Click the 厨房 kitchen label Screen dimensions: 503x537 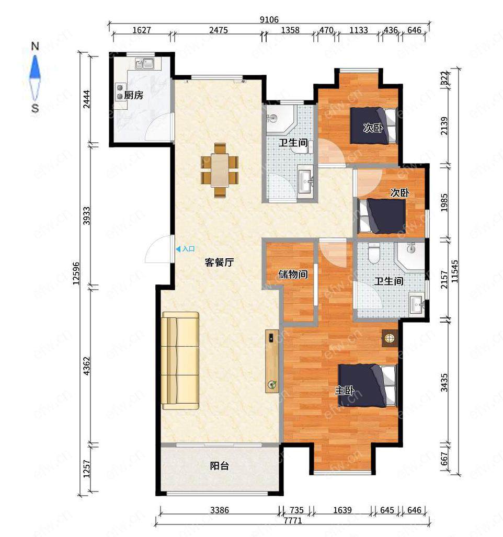(x=133, y=95)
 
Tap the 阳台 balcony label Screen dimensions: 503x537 (x=219, y=466)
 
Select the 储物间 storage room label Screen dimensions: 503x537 (x=293, y=275)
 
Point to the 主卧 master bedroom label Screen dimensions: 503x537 (x=344, y=391)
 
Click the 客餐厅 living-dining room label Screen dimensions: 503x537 (x=219, y=262)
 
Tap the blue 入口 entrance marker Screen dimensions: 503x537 (x=185, y=249)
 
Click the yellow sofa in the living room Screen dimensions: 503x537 (x=180, y=361)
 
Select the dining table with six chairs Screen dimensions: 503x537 (x=220, y=170)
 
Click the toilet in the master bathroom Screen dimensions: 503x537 (x=373, y=254)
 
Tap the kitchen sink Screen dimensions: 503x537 (x=144, y=63)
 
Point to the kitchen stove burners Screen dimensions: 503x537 (x=120, y=92)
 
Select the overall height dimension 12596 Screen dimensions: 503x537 (x=76, y=273)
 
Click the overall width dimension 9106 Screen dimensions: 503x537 (x=269, y=19)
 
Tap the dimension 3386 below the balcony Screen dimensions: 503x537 (x=220, y=510)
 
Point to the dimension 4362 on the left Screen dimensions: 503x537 (x=87, y=366)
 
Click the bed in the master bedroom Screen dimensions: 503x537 (x=368, y=386)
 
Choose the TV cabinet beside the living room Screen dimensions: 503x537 (x=272, y=361)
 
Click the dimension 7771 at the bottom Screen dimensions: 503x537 (x=293, y=521)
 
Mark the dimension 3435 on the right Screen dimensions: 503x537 (x=444, y=383)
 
